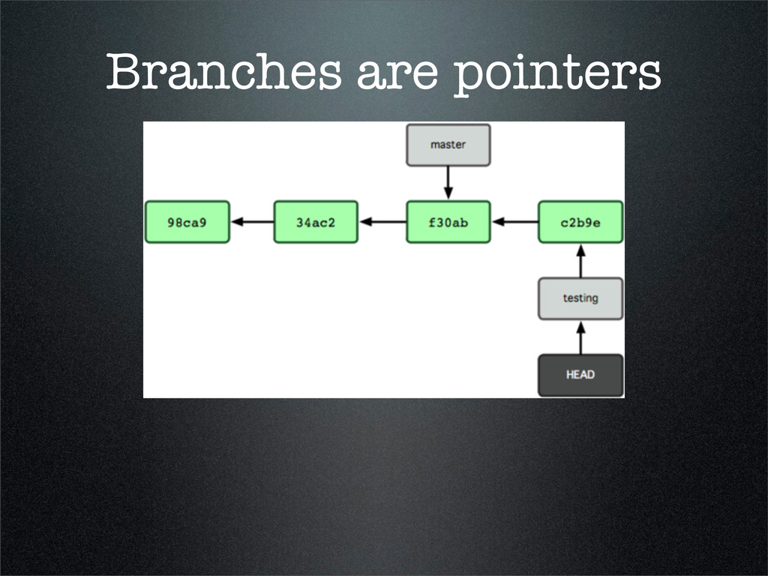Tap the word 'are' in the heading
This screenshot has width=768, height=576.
point(394,75)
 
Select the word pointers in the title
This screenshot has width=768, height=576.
point(558,75)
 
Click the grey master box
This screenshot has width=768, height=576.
point(448,145)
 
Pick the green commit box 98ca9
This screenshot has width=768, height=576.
point(187,222)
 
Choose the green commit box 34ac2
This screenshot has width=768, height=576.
point(316,222)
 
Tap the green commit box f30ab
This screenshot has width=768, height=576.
point(448,222)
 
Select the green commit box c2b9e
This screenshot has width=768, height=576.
point(580,222)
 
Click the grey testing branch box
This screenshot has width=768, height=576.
point(580,298)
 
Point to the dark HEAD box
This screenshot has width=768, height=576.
point(580,375)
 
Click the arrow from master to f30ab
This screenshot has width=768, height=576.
point(448,183)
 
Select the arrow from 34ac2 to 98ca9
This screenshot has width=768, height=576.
point(252,222)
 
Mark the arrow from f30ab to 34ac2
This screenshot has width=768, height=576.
point(382,222)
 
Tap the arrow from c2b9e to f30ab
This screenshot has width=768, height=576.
point(514,222)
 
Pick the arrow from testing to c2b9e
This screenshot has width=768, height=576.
point(580,260)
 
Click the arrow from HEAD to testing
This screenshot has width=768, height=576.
point(580,337)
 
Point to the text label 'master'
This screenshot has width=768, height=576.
point(448,145)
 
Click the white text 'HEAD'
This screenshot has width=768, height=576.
point(580,374)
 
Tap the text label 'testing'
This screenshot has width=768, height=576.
point(580,298)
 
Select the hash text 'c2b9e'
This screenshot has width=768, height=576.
point(580,223)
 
